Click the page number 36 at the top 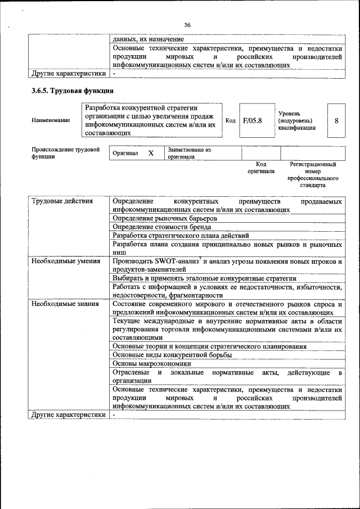click(187, 24)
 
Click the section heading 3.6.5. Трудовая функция click(73, 91)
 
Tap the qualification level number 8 click(336, 120)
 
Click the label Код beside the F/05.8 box click(230, 120)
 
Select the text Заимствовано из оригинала click(188, 154)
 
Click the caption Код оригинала click(261, 168)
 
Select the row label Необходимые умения click(66, 261)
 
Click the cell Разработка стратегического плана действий click(181, 236)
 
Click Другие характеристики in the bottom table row click(68, 415)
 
